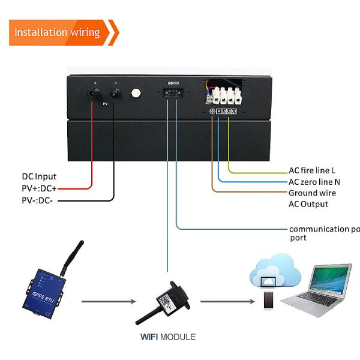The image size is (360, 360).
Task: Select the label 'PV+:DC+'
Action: point(39,188)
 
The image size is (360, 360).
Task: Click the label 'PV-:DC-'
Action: point(38,199)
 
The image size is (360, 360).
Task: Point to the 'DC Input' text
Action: point(39,176)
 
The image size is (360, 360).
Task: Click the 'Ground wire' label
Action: point(312,193)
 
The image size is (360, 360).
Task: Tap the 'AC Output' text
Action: point(308,204)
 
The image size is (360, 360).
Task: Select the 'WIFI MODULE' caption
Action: point(168,337)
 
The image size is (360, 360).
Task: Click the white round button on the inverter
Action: point(136,94)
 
